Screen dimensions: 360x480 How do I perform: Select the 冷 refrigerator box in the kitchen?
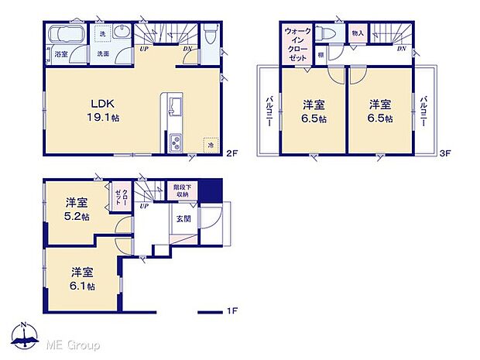pos(211,145)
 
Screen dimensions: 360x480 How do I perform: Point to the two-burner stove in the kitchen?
pos(174,142)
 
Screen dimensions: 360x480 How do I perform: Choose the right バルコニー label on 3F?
pos(423,113)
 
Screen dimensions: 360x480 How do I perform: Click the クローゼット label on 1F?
pos(123,201)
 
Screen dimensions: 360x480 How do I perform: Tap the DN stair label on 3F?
pos(401,50)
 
